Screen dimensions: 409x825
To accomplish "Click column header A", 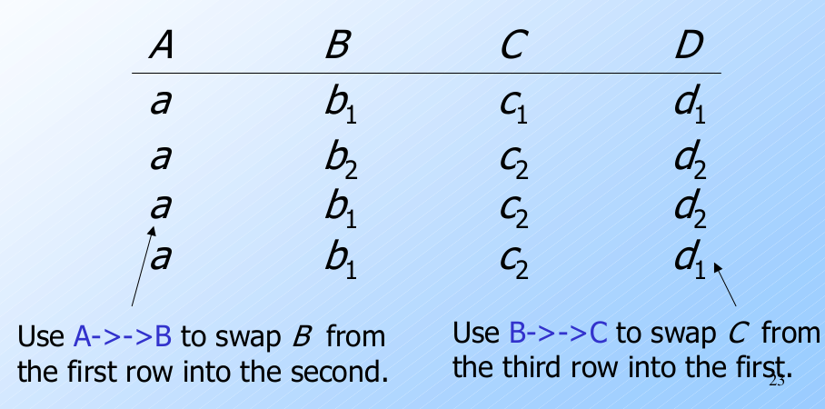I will [x=161, y=46].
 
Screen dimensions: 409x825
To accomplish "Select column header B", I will [x=336, y=46].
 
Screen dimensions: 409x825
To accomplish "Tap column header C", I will [x=511, y=46].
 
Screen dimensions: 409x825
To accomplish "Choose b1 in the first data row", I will [x=339, y=106].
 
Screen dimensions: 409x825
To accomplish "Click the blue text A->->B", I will [x=121, y=337].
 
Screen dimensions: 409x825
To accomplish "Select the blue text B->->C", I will [x=558, y=334].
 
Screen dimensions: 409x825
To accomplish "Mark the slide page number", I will [x=776, y=380].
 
